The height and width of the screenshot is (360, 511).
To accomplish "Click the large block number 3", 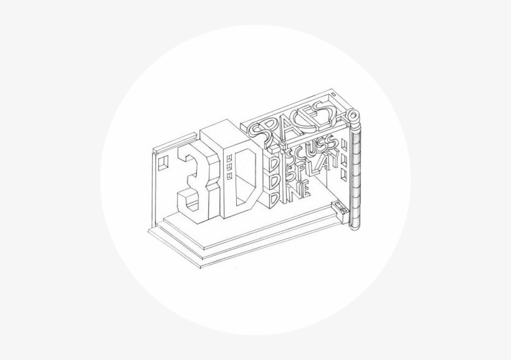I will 194,178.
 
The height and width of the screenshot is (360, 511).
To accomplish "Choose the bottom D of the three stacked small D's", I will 272,199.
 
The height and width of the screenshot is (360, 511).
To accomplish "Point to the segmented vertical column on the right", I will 356,174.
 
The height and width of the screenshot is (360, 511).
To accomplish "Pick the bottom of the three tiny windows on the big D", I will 229,175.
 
